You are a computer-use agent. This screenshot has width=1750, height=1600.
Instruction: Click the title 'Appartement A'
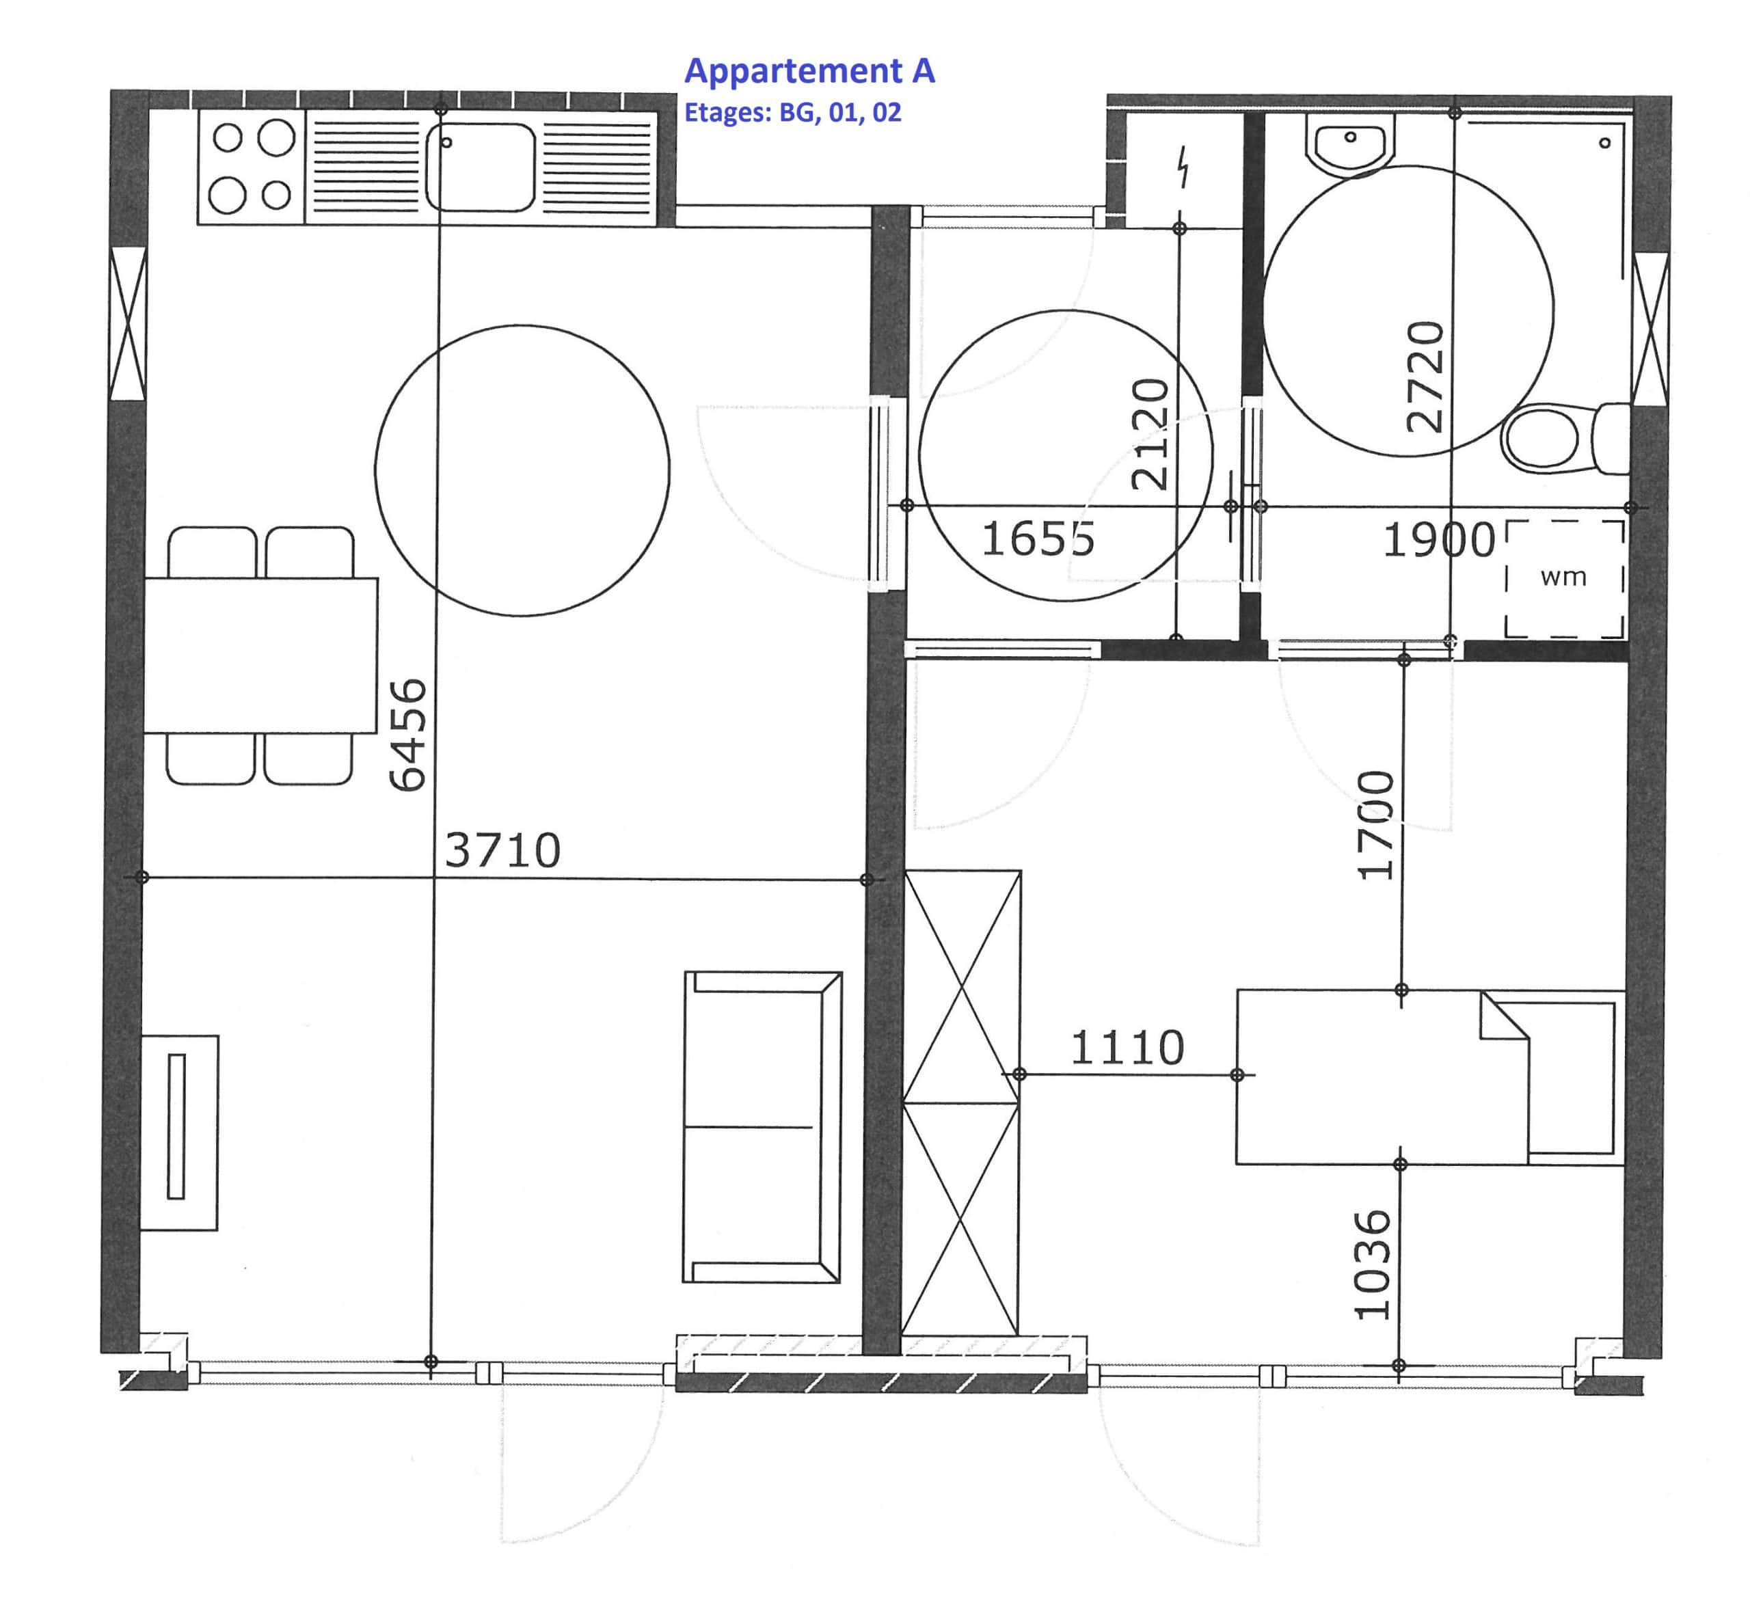[x=809, y=71]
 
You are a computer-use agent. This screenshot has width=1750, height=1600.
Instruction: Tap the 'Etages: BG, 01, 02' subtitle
[x=792, y=113]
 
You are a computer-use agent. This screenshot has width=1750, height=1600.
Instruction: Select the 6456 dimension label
[x=408, y=735]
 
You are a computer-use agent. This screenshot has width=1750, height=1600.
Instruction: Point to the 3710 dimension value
[x=502, y=850]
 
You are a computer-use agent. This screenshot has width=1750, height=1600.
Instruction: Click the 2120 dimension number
[x=1151, y=434]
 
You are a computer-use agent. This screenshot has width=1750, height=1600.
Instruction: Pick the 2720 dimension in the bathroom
[x=1425, y=377]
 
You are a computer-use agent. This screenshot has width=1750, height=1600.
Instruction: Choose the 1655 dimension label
[x=1037, y=539]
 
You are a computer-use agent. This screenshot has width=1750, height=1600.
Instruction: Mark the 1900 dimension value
[x=1438, y=541]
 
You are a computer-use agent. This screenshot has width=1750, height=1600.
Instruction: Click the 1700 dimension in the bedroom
[x=1376, y=825]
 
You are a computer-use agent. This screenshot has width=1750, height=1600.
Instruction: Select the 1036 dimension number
[x=1373, y=1264]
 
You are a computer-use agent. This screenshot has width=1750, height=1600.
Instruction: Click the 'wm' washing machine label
[x=1563, y=577]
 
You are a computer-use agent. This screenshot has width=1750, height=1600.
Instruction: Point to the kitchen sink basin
[x=480, y=167]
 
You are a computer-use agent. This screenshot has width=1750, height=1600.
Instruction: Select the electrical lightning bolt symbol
[x=1183, y=167]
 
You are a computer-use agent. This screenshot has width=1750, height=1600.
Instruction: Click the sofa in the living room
[x=762, y=1127]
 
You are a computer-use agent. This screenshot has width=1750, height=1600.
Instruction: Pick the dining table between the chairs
[x=260, y=655]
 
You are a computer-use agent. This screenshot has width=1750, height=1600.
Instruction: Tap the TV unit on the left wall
[x=179, y=1133]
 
